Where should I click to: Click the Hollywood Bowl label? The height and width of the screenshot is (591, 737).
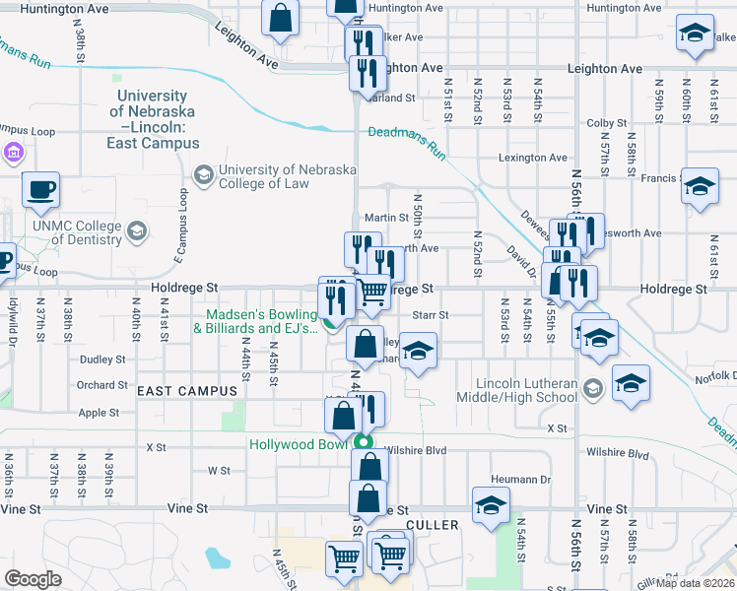pos(300,444)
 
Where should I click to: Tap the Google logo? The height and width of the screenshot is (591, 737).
pos(33,578)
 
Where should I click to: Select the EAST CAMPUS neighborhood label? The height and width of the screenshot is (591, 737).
pos(188,391)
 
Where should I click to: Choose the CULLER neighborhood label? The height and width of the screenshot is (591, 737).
pos(433,525)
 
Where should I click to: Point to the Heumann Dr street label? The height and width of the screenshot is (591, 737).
pos(518,479)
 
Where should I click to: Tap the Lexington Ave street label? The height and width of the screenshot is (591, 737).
pos(533,158)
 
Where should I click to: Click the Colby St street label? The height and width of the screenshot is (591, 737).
pos(600,123)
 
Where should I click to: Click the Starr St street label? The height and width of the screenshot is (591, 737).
pos(431,315)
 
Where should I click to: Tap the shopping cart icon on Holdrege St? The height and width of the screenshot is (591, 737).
pos(371,291)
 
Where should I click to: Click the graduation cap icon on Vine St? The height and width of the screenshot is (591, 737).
pos(491,504)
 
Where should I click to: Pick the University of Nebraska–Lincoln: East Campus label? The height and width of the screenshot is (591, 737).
pos(153,119)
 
